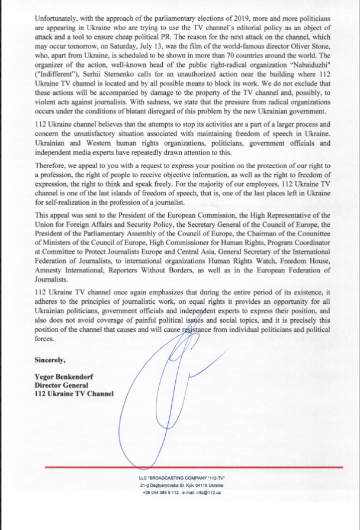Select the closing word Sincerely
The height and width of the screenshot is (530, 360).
pyautogui.click(x=52, y=359)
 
